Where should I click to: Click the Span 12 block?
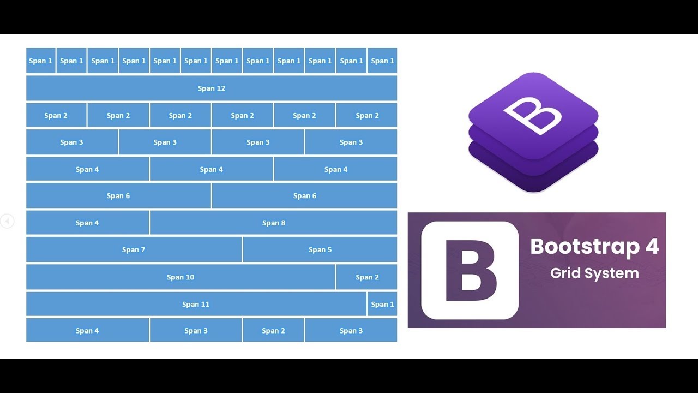pos(212,88)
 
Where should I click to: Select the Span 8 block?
pos(273,223)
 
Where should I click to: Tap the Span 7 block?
pos(134,249)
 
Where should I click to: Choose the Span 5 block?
pos(320,249)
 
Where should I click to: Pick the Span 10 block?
pos(180,277)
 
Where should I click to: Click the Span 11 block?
pos(196,304)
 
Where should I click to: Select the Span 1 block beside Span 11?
pos(382,304)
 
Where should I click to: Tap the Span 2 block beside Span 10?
pos(367,277)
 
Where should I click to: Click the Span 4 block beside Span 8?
pos(87,223)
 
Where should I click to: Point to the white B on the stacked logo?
pos(532,115)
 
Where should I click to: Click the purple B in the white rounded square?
pos(471,270)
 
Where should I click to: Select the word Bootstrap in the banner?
pos(585,247)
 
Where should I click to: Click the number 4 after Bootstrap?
pos(652,247)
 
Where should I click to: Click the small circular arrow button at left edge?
pos(7,221)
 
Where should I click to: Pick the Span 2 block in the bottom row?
pos(273,331)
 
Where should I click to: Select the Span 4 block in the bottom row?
pos(87,331)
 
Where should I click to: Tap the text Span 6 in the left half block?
pos(118,196)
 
